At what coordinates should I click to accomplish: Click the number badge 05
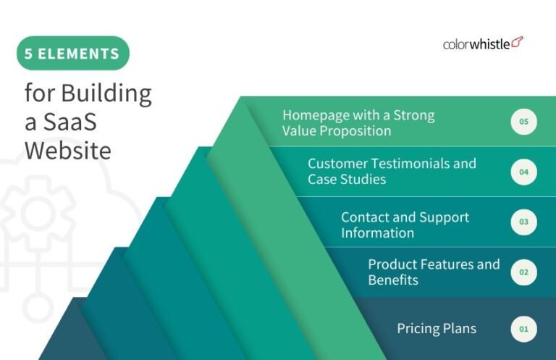coord(523,122)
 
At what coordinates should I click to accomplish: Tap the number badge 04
coord(523,172)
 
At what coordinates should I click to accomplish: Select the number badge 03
coord(523,222)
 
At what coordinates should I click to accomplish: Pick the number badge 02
coord(523,272)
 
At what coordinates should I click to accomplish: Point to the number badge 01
coord(523,330)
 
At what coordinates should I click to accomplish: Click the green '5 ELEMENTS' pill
coord(72,54)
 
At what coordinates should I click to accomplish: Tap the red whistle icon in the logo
coord(517,42)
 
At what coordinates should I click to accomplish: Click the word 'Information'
coord(377,233)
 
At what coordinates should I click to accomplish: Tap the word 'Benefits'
coord(393,280)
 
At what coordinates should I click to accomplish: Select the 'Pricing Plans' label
coord(437,329)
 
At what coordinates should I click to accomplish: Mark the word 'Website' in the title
coord(67,151)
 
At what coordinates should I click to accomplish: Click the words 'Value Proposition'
coord(337,131)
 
